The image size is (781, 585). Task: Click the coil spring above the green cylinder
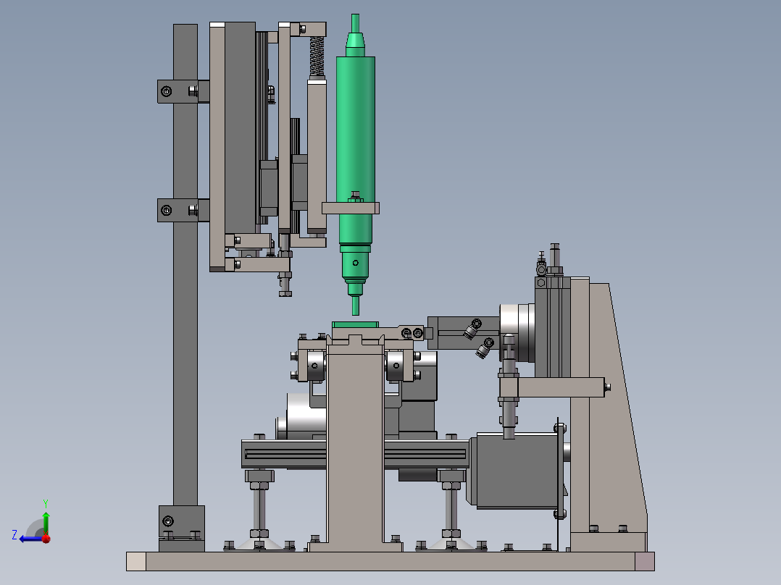coord(317,56)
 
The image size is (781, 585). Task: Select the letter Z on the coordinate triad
coord(14,535)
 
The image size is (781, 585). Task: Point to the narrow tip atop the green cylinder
coord(355,23)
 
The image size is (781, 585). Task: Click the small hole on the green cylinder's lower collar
coord(356,263)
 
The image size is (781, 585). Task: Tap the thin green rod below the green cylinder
coord(356,306)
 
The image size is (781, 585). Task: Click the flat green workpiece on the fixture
coord(355,324)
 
